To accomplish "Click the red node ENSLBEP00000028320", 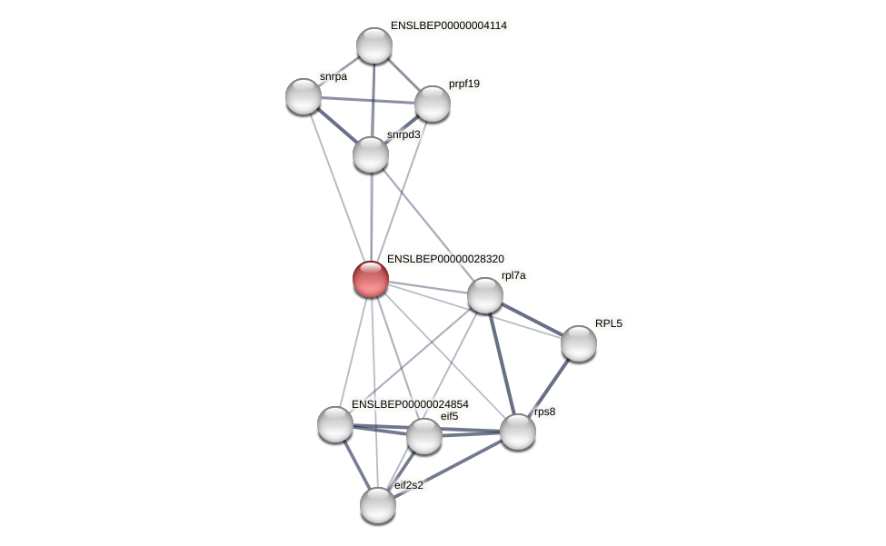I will [371, 279].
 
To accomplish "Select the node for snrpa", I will [304, 96].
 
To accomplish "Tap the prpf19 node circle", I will [433, 104].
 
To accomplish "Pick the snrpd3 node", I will [371, 154].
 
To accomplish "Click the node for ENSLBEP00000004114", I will [374, 45].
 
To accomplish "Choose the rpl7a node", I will [485, 295].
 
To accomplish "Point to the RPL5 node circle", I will [579, 343].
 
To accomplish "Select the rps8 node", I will [518, 432].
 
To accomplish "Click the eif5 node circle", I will [424, 436].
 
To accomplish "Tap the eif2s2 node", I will [378, 505].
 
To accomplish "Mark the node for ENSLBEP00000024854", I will [335, 424].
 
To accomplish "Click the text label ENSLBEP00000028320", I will [445, 259].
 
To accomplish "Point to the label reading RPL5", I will [609, 323].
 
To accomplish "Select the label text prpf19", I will [464, 84].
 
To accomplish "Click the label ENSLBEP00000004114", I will [449, 25].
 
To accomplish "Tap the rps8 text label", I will [544, 412].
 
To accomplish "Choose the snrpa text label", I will [333, 77].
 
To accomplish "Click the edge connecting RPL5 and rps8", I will [549, 387].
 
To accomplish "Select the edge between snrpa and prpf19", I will [368, 100].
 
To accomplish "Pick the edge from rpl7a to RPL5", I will [533, 319].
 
